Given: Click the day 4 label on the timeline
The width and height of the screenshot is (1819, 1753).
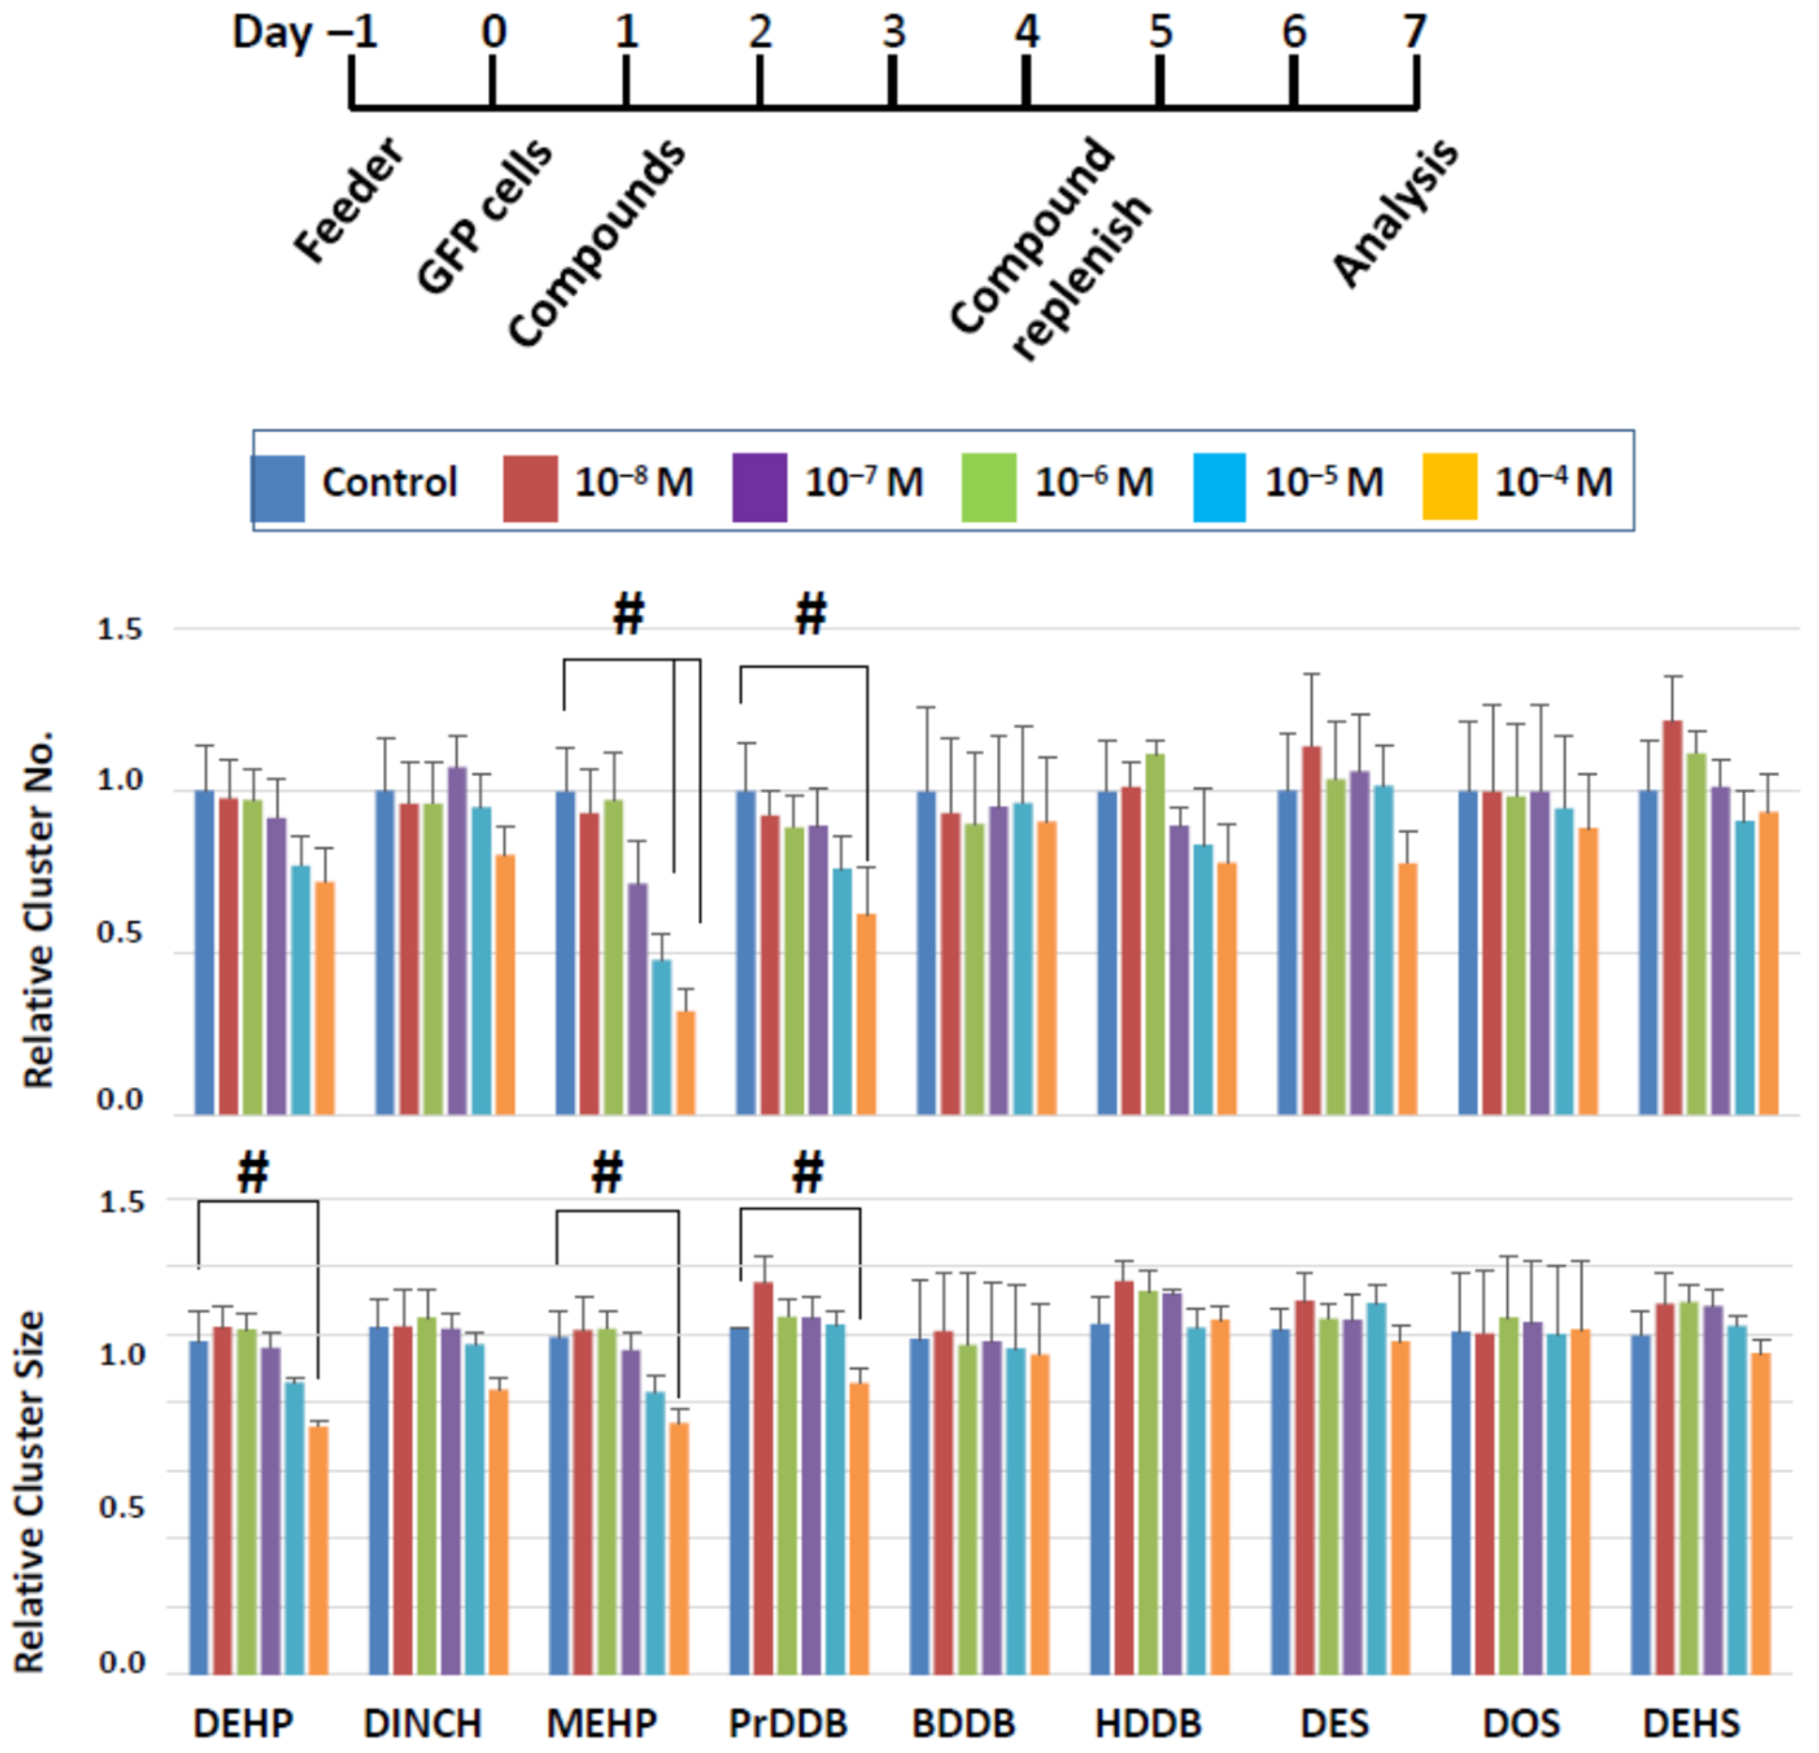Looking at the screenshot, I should (1026, 32).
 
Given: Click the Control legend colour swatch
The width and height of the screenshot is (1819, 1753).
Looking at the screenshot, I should (278, 488).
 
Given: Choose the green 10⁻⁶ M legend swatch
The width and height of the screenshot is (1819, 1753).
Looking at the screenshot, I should (989, 487).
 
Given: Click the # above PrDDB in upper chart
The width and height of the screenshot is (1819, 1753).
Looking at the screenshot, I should (811, 613).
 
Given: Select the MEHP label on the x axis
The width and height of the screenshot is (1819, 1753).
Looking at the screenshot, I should (601, 1723).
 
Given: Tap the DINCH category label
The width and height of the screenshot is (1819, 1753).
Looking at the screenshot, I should (423, 1723).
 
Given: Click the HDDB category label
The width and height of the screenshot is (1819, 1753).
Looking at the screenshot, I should (1148, 1723).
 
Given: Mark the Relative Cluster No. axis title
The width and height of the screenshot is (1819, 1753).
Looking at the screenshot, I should (39, 910).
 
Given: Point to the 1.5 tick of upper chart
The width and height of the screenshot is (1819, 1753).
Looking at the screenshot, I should (120, 629).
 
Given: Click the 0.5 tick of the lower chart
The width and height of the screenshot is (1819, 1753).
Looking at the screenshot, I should (121, 1507).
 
